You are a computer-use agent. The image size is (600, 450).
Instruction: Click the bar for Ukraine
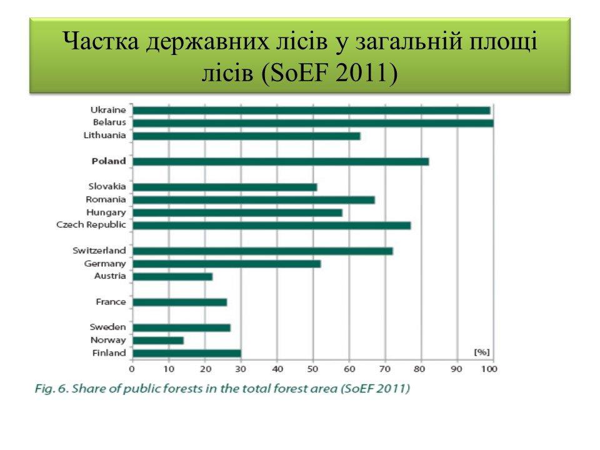tap(311, 111)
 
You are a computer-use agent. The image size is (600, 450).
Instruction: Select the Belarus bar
tap(313, 123)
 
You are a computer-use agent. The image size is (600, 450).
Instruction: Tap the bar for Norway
tap(158, 341)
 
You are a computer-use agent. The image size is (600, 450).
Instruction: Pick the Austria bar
tap(172, 277)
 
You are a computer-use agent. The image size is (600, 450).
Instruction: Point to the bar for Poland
tap(281, 161)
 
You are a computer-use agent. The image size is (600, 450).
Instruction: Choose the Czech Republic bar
tap(272, 226)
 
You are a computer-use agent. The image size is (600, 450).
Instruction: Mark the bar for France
tap(180, 302)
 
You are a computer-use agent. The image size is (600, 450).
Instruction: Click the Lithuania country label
tap(104, 136)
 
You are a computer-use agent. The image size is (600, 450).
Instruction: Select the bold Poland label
tap(109, 161)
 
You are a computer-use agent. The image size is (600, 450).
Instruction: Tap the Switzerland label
tap(99, 251)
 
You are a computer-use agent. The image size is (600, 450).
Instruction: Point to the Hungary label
tap(106, 212)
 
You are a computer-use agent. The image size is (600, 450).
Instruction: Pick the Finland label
tap(109, 352)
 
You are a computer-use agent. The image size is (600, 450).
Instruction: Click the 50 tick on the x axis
tap(312, 369)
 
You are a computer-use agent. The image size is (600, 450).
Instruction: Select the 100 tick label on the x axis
tap(489, 369)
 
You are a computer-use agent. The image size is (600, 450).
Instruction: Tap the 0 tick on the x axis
tap(132, 369)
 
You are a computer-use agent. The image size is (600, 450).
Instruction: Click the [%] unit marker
tap(482, 352)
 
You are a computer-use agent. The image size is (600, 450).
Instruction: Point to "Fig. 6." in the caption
tap(51, 389)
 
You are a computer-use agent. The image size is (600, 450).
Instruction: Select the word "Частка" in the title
tap(101, 41)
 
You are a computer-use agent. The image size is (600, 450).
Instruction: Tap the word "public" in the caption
tap(182, 389)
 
